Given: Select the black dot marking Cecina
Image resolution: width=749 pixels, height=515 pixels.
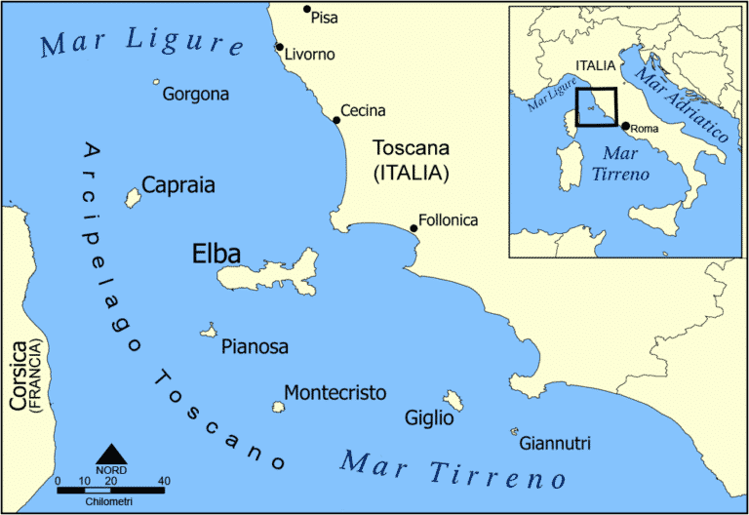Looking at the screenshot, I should pos(336,120).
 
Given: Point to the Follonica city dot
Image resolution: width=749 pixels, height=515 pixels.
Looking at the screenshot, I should pos(414,228).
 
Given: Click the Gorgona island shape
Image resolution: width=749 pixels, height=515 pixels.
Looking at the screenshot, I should pos(155,84).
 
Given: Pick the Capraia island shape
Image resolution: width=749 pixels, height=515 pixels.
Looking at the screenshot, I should pos(132,198).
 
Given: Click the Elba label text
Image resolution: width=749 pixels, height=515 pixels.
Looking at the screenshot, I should pos(216,256).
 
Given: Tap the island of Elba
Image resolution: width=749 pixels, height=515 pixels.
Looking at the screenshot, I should pos(273,273).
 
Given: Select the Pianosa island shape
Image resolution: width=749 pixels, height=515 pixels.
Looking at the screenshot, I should pos(208,331).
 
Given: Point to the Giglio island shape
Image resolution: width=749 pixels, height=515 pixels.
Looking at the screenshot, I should pos(453,400).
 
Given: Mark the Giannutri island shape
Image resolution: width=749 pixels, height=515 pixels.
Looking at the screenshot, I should pos(513,431).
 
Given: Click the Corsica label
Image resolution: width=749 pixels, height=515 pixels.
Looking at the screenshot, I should pos(19,376).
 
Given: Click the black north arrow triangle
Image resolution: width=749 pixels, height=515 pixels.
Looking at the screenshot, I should pos(112,454).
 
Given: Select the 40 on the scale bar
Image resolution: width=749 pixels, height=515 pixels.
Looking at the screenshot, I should pos(164,481).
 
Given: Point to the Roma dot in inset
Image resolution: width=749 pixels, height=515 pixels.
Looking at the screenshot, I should pos(625,125).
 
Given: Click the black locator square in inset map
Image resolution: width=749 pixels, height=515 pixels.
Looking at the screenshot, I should pos(596,107).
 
